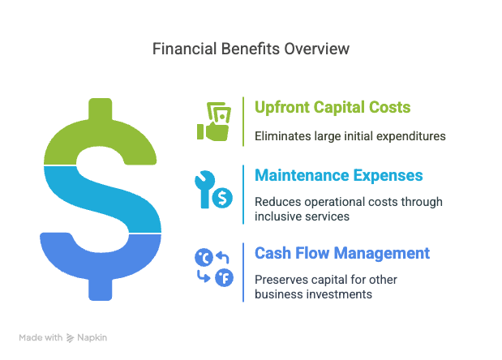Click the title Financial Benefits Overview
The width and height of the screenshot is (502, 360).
[251, 49]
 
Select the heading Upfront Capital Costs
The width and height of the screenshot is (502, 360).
[333, 107]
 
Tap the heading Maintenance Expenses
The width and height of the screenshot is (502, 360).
[339, 175]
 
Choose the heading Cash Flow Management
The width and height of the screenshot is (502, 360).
[342, 253]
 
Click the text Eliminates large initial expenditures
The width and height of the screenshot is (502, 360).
[350, 136]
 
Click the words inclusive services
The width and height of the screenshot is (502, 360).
[302, 216]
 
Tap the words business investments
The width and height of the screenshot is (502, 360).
[313, 294]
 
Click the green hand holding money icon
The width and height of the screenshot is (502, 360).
[214, 122]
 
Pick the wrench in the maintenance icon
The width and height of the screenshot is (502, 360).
[204, 189]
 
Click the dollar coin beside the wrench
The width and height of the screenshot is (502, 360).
[222, 198]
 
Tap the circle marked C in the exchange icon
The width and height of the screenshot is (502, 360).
[204, 257]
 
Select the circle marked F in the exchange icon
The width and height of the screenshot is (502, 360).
[224, 278]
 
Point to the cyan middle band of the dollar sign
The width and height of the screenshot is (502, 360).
[102, 199]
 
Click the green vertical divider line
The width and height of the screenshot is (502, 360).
[243, 122]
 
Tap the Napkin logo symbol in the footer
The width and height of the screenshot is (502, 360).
[70, 338]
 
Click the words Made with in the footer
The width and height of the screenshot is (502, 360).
[41, 337]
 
